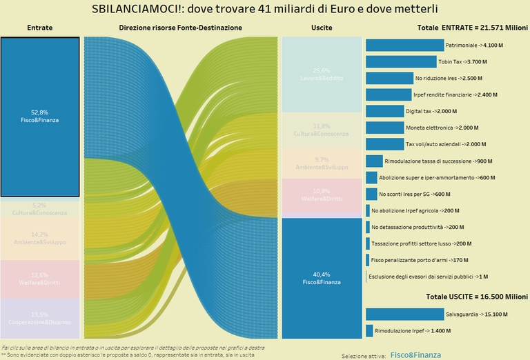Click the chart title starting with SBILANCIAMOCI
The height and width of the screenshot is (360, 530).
264,10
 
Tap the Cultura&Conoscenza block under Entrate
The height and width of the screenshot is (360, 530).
40,208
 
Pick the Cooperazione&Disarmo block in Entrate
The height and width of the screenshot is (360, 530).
40,318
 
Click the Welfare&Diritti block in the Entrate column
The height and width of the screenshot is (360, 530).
40,279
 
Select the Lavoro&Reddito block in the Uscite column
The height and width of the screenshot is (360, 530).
322,74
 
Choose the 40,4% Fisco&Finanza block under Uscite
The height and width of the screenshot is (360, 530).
322,277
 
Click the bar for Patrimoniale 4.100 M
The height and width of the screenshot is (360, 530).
404,46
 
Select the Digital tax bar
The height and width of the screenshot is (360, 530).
384,111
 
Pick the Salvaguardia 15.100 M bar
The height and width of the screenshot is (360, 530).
404,314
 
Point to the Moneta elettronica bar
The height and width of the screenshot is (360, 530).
384,128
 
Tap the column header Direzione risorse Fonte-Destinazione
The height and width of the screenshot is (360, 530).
181,28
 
